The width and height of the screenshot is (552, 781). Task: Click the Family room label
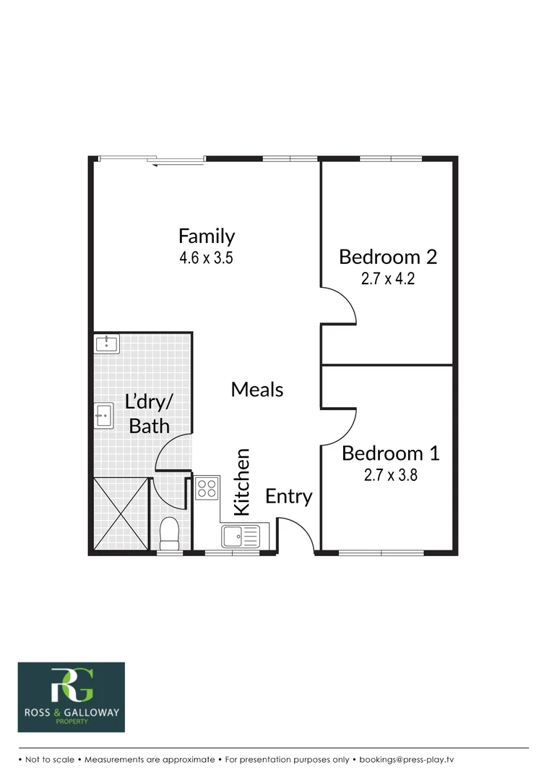(x=207, y=236)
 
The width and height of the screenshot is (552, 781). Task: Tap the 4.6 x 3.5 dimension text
(x=207, y=258)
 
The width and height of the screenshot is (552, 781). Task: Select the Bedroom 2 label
(x=388, y=257)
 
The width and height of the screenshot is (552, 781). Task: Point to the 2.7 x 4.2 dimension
(x=388, y=279)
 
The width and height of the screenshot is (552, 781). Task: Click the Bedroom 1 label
(x=390, y=453)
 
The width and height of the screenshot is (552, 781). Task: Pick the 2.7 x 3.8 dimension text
(x=390, y=476)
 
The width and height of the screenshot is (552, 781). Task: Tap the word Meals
(x=256, y=389)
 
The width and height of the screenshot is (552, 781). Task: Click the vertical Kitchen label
(x=241, y=482)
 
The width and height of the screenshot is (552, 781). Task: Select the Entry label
(x=288, y=496)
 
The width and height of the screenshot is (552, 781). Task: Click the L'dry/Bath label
(x=149, y=414)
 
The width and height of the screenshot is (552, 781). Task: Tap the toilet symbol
(x=169, y=534)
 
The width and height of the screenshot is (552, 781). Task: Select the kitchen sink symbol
(x=240, y=536)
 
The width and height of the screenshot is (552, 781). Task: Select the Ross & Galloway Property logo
(x=71, y=697)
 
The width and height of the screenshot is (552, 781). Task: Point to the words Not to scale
(x=51, y=760)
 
